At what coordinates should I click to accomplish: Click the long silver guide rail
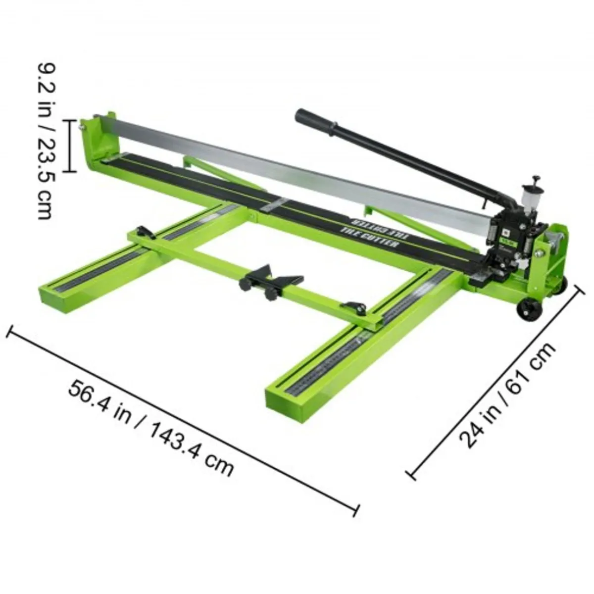click(x=297, y=166)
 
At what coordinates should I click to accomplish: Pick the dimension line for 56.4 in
click(x=183, y=421)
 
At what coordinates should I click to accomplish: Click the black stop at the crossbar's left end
click(x=144, y=231)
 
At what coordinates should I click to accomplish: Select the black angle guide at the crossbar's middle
click(x=270, y=280)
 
